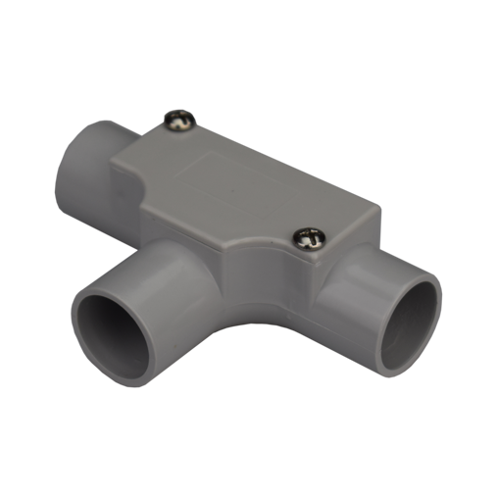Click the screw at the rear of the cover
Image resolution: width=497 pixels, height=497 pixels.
click(179, 121)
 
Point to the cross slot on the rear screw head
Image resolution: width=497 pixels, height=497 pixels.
click(179, 121)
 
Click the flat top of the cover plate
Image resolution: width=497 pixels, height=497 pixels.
click(245, 186)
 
